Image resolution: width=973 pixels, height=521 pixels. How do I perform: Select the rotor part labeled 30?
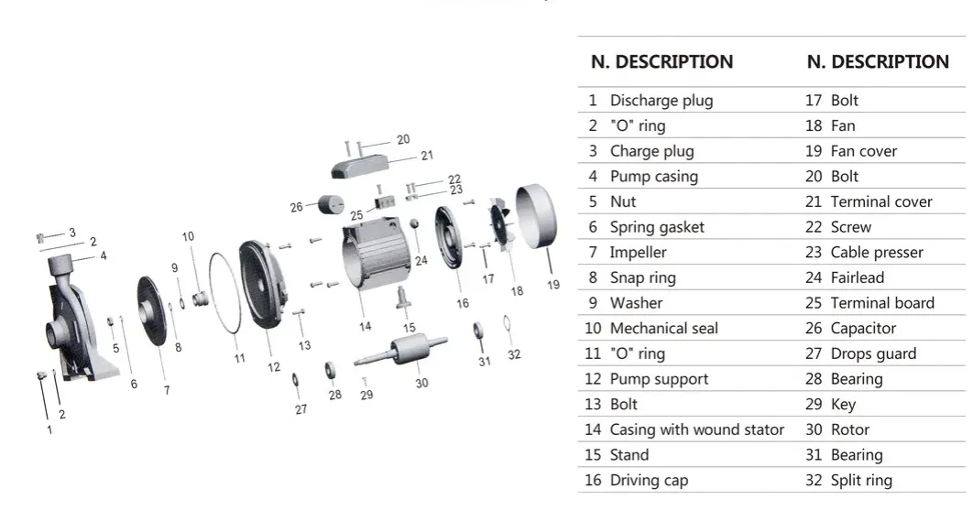click(x=404, y=351)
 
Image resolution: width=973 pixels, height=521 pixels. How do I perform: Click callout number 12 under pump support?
click(x=274, y=367)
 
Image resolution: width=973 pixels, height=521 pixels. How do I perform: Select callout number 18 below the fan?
click(x=518, y=290)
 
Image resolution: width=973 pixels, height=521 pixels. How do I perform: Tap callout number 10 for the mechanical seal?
click(x=188, y=236)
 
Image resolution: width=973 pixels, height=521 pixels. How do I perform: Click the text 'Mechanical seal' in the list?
click(x=663, y=328)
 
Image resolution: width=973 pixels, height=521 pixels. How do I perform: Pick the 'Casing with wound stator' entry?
click(x=696, y=429)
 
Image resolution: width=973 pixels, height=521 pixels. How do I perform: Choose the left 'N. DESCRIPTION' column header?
click(x=661, y=62)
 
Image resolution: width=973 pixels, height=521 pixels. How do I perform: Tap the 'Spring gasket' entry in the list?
click(x=656, y=227)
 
